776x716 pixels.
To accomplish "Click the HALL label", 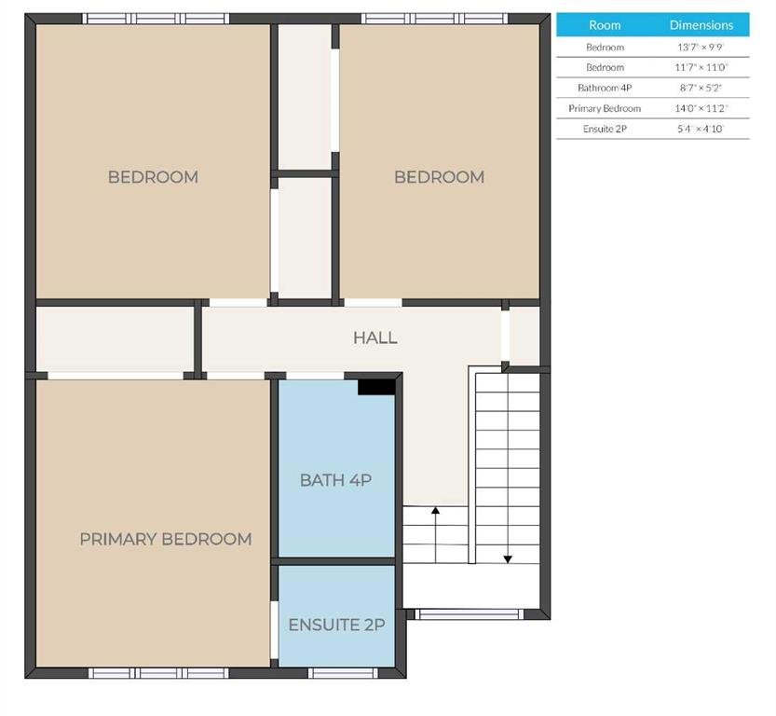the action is [x=375, y=337].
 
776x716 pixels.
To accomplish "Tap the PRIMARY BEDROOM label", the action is [x=166, y=539].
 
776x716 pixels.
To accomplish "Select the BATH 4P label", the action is [x=335, y=480].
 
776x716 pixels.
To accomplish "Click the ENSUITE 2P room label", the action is [x=336, y=625].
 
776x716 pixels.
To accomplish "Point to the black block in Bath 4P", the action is [x=376, y=387].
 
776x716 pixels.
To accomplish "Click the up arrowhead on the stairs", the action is [x=436, y=511].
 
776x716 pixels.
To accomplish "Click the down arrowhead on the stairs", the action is [x=508, y=559].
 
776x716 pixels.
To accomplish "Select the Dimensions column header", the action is [x=701, y=25].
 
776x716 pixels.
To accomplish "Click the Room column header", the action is [x=605, y=25].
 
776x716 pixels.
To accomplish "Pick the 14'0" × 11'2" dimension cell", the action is [x=701, y=108].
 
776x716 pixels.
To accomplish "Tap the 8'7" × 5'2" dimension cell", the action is [x=701, y=88].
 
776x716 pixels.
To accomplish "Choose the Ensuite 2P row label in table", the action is [x=605, y=129].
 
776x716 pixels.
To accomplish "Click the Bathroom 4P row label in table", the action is [x=605, y=88].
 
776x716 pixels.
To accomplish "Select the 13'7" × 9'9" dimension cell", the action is [x=701, y=47].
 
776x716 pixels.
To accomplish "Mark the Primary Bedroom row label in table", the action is [x=605, y=108].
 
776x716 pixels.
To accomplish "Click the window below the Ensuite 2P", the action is [x=343, y=673].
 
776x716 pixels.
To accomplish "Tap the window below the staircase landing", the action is [x=470, y=614].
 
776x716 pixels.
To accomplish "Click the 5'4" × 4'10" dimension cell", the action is [x=701, y=129].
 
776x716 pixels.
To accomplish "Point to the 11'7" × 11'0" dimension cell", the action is [x=701, y=67].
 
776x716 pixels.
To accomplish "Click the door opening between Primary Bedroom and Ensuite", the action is [x=274, y=630].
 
